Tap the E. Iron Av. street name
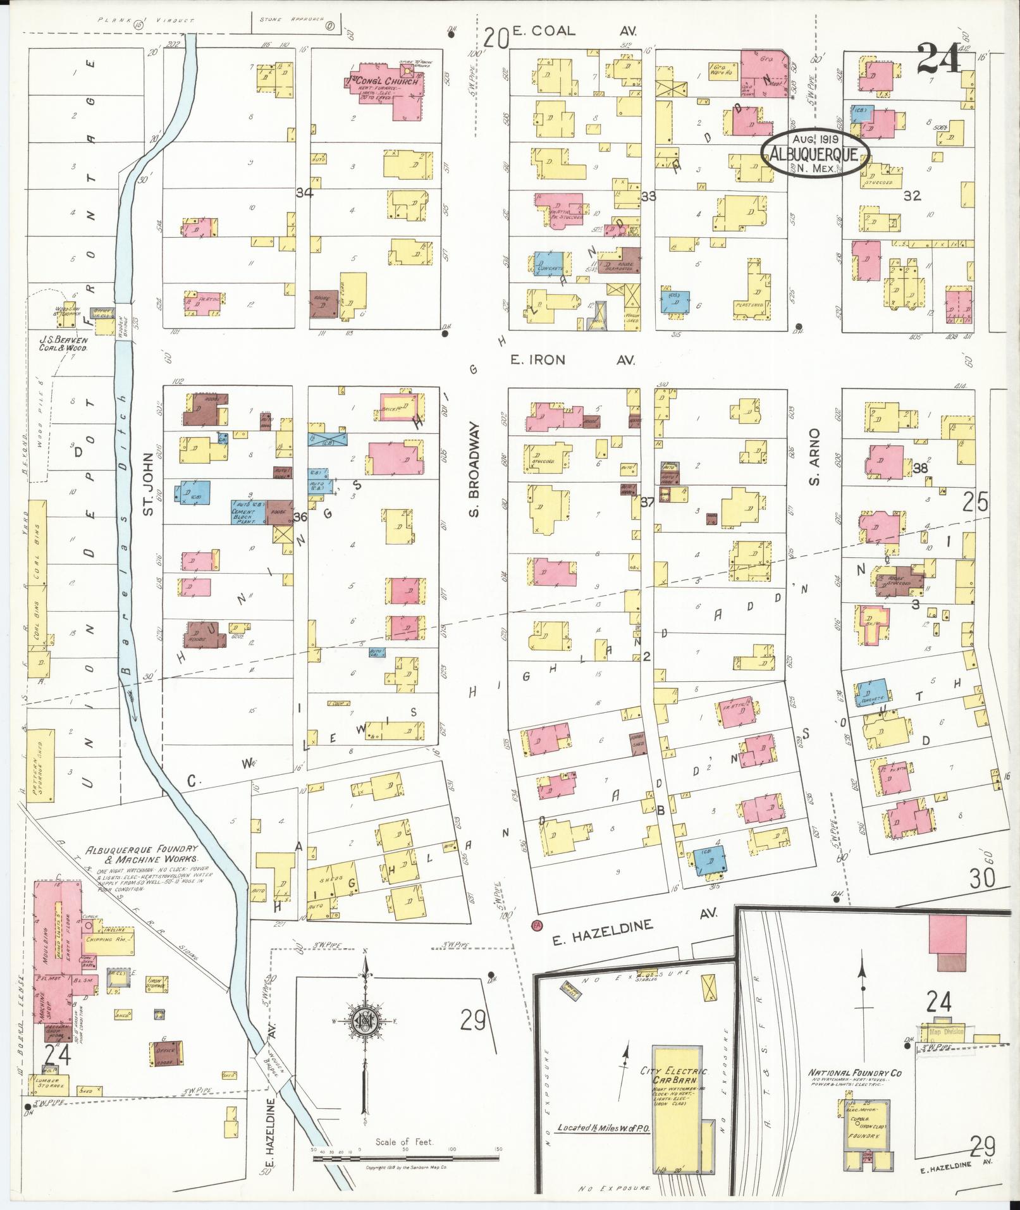tap(572, 360)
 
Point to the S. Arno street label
tap(815, 457)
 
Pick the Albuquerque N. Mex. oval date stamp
tap(814, 152)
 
